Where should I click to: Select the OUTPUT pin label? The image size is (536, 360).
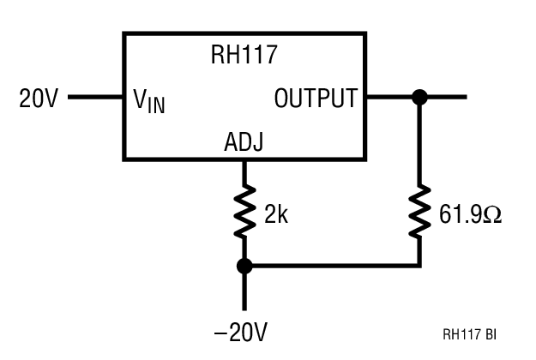[x=315, y=99]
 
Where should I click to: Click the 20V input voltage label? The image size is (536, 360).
[x=38, y=99]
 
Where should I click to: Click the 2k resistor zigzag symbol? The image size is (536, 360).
[x=244, y=214]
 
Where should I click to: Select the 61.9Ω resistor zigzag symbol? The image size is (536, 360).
[x=419, y=214]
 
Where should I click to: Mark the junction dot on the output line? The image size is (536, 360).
[x=419, y=97]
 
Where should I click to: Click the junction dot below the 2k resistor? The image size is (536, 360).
[x=244, y=267]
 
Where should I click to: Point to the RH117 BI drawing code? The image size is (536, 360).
[x=469, y=334]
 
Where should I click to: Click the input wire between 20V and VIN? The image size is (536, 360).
[x=94, y=97]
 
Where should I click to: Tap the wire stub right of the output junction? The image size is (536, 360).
[x=446, y=97]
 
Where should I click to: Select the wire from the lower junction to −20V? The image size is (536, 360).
[x=244, y=291]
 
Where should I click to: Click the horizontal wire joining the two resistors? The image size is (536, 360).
[x=334, y=267]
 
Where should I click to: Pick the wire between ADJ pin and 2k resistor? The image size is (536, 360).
[x=244, y=171]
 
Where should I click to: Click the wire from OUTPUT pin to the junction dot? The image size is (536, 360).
[x=390, y=97]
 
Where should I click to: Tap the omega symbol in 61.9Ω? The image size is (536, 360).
[x=492, y=214]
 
